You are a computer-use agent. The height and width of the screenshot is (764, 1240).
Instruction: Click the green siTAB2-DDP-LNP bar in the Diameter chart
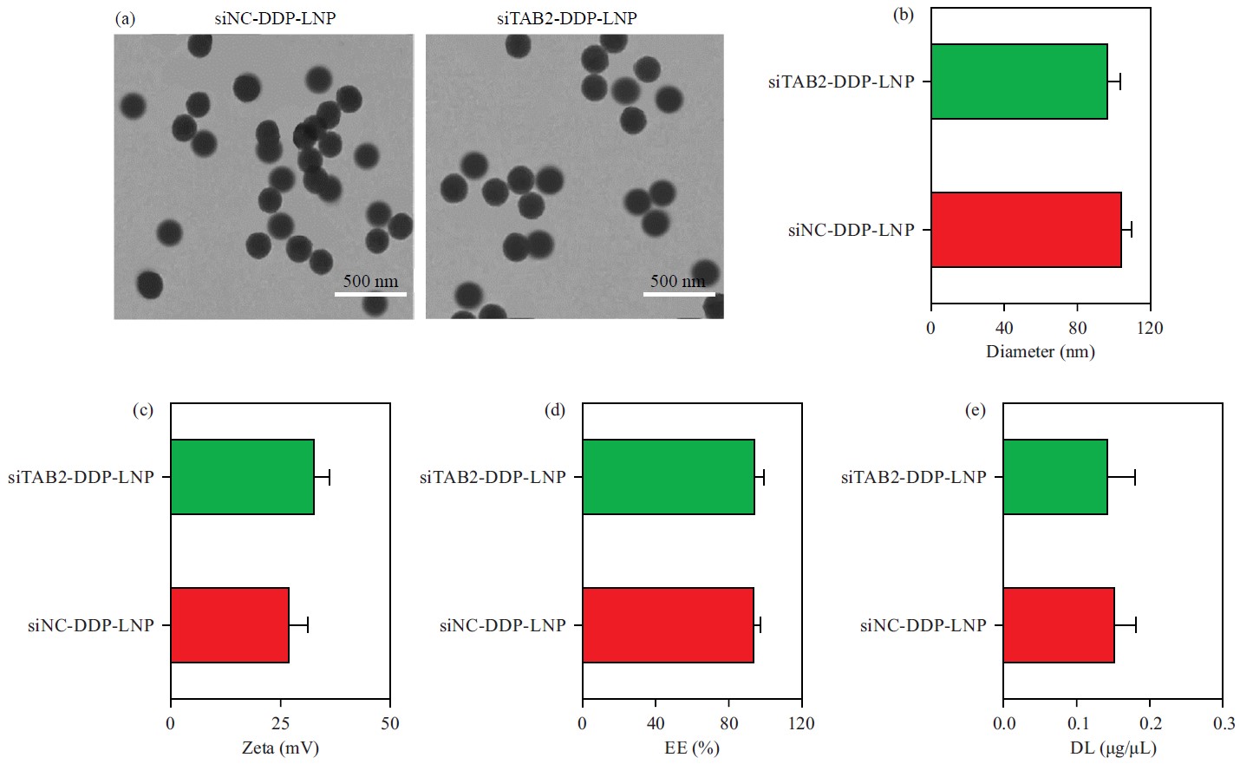(1019, 82)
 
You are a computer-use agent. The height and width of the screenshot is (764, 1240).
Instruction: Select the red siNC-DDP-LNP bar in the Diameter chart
(1026, 230)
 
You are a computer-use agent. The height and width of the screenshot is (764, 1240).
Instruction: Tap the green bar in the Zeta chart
(242, 477)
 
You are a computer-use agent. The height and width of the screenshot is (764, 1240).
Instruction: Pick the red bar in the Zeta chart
(230, 625)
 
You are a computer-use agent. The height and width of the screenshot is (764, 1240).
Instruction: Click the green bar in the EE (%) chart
(668, 477)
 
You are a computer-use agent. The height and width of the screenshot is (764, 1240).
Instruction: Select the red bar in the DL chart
(1058, 625)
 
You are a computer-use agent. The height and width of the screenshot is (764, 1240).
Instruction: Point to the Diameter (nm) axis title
(1040, 352)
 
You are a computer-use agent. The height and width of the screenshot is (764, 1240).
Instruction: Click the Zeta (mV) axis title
(280, 748)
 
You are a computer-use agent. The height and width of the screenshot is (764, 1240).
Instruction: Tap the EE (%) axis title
(691, 748)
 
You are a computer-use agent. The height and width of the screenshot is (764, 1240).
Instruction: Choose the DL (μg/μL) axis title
(1113, 748)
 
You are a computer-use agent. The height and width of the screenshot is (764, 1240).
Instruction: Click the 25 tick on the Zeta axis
(280, 723)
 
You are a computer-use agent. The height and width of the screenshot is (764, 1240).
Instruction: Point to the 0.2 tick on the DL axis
(1150, 723)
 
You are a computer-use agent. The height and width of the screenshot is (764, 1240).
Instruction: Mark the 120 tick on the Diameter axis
(1150, 328)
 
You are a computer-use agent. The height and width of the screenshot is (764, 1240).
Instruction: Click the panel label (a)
(125, 18)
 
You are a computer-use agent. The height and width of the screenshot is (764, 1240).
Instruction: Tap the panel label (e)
(976, 410)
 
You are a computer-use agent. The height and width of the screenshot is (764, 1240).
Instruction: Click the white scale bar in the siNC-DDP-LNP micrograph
(370, 294)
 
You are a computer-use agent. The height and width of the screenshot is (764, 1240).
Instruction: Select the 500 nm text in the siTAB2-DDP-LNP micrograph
(677, 281)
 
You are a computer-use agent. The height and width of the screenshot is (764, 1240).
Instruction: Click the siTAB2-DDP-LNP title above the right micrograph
(566, 18)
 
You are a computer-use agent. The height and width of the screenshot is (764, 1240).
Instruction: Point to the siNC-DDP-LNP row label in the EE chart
(502, 625)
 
